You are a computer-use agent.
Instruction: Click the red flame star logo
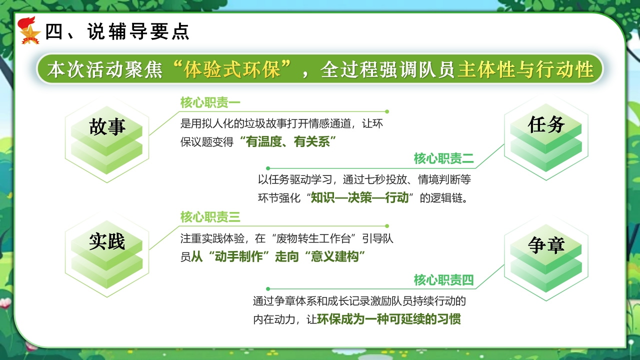[x=29, y=30]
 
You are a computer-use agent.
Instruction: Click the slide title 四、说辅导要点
[x=117, y=31]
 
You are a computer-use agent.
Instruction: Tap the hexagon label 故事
[x=107, y=126]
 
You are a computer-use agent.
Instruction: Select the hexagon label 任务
[x=546, y=124]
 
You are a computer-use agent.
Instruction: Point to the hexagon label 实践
[x=107, y=241]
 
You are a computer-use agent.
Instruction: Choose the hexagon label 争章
[x=546, y=245]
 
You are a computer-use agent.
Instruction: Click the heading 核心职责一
[x=210, y=102]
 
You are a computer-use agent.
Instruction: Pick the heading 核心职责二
[x=443, y=158]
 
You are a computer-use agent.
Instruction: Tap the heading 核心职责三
[x=210, y=217]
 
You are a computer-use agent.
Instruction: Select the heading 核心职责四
[x=443, y=280]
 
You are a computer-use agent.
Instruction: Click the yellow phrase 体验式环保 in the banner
[x=231, y=69]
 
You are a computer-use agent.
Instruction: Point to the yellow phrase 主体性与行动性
[x=525, y=69]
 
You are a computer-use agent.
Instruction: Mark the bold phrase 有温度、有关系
[x=288, y=142]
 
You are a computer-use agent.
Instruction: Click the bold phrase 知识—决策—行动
[x=359, y=197]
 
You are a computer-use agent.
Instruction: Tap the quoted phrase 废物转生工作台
[x=313, y=238]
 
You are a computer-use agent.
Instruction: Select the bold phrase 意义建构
[x=335, y=256]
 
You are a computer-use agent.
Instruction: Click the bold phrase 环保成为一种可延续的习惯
[x=389, y=319]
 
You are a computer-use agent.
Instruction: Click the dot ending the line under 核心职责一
[x=387, y=111]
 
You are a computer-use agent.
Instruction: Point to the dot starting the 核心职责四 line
[x=267, y=289]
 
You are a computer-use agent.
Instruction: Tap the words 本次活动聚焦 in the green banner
[x=105, y=69]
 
